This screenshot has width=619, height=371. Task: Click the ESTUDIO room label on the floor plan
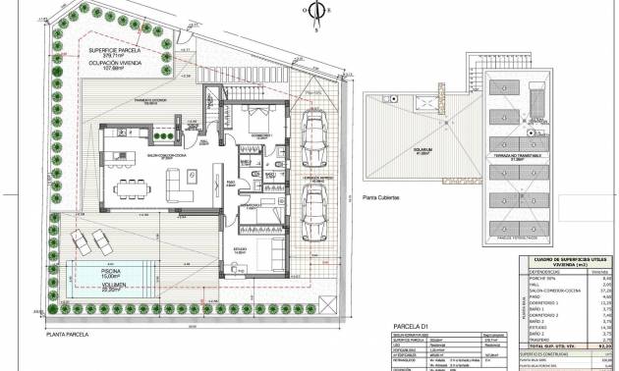tap(240, 249)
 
